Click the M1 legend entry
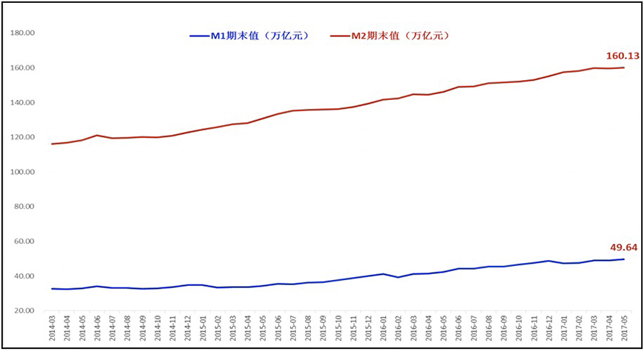tap(249, 36)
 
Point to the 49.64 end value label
tap(623, 247)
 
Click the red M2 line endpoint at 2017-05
tap(623, 67)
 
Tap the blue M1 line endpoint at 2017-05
tap(623, 259)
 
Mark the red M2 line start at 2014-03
tap(52, 144)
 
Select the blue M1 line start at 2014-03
tap(52, 289)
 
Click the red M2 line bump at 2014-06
tap(97, 136)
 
